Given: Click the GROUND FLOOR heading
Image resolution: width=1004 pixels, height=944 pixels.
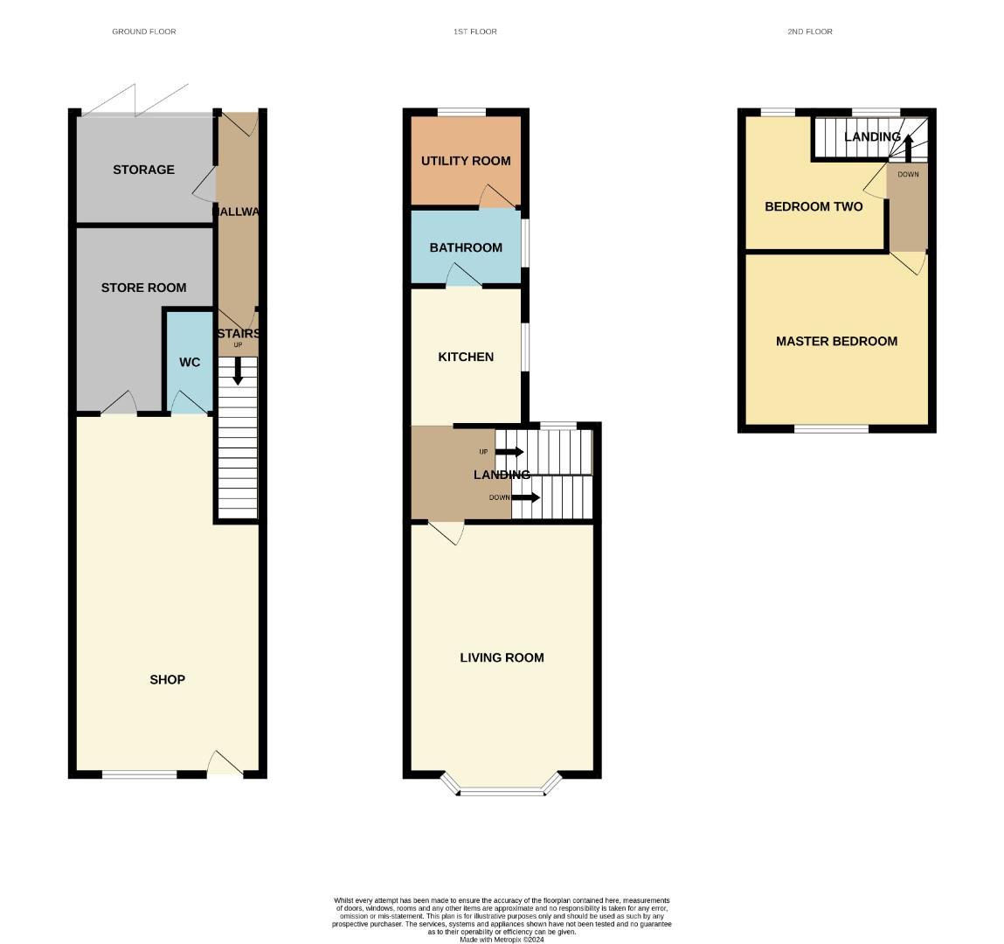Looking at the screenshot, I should [144, 31].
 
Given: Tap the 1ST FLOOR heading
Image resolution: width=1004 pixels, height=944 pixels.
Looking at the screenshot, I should [474, 31].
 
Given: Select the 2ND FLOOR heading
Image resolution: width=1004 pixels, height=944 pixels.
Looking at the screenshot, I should [809, 31].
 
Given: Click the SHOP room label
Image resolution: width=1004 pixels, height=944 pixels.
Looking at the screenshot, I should [167, 679].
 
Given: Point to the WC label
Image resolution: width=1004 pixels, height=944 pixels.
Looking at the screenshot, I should [190, 363].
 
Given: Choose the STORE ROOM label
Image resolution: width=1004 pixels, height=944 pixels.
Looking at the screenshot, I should [143, 288].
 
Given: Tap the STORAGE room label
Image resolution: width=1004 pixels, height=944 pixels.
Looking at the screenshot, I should [143, 170].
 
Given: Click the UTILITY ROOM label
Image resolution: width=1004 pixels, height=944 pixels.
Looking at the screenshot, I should [466, 161].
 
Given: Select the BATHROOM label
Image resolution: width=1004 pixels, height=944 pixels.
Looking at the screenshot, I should [466, 247].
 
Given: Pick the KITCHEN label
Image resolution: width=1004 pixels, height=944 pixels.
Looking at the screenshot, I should [466, 357].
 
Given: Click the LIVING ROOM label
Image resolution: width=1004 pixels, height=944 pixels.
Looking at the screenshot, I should [502, 657].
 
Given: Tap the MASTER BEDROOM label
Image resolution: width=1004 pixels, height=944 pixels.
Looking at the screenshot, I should [836, 341].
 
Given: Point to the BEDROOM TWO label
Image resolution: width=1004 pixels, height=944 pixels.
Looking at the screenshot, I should [814, 206].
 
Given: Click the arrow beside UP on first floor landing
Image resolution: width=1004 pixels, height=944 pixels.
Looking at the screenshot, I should [509, 452].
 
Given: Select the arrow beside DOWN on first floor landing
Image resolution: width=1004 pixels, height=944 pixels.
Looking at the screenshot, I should [525, 497].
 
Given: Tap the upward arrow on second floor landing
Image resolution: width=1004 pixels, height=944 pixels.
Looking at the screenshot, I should [908, 148].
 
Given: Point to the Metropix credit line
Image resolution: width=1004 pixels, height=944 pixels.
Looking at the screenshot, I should [502, 940].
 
